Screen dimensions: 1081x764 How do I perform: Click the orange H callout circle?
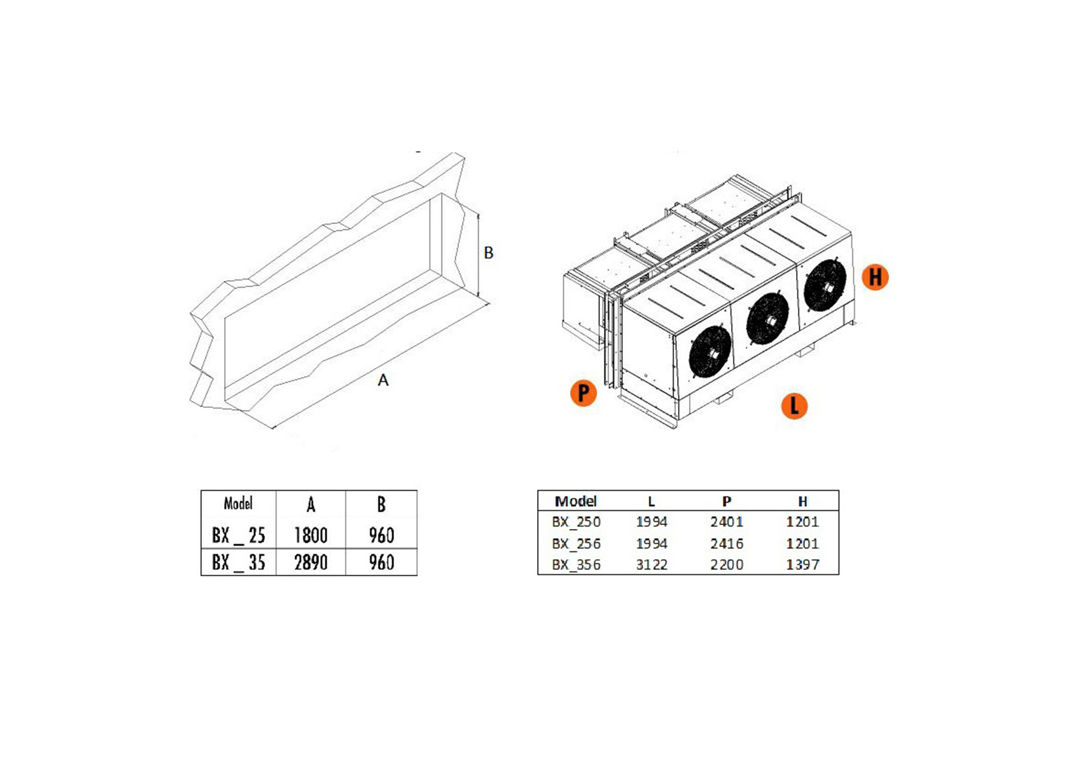(x=875, y=277)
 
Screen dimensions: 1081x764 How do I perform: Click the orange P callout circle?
(x=583, y=393)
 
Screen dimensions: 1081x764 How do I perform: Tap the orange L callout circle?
(x=794, y=406)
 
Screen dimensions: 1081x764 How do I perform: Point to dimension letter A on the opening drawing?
(x=383, y=380)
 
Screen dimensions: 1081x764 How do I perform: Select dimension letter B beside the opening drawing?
(x=488, y=253)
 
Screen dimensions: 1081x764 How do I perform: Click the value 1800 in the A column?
(x=311, y=535)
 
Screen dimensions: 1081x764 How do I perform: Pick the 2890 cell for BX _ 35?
(x=311, y=562)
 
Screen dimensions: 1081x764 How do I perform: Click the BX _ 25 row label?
(x=239, y=535)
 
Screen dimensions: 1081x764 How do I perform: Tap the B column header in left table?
(x=381, y=504)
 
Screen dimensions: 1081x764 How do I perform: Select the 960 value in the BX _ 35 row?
(x=381, y=562)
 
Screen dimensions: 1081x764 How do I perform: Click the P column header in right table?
(x=726, y=502)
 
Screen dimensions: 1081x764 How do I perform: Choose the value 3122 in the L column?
(x=651, y=565)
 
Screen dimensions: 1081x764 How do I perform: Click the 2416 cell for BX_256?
(x=727, y=543)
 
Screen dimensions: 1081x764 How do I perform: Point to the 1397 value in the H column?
(x=802, y=565)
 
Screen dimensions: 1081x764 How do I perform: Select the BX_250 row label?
(x=576, y=522)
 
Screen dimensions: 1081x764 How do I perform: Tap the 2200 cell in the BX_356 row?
(x=727, y=565)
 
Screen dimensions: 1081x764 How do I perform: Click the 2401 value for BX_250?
(x=727, y=522)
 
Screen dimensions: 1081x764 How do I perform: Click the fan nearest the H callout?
(x=825, y=285)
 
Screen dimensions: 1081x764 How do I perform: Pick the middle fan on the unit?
(x=768, y=319)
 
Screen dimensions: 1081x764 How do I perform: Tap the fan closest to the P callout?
(x=711, y=352)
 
